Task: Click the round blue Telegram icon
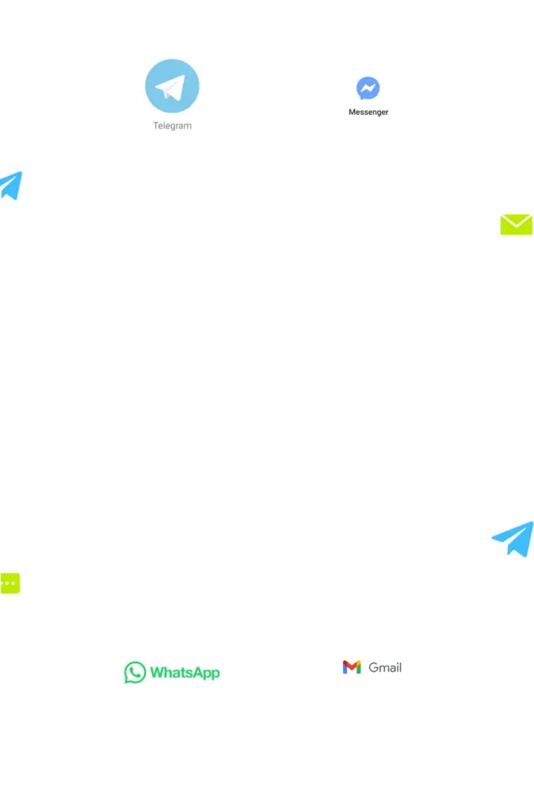coord(172,86)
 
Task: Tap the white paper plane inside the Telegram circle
coord(171,87)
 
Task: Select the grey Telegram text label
coord(172,126)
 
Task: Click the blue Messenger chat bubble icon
coord(368,88)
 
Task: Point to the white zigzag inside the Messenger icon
coord(368,89)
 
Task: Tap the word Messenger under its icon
coord(368,112)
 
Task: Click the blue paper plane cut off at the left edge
coord(11,185)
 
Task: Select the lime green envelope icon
coord(517,224)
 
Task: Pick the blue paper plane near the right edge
coord(513,539)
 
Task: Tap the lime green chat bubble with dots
coord(10,584)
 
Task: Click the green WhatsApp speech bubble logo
coord(135,672)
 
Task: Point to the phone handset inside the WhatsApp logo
coord(135,672)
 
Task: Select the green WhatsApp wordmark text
coord(185,673)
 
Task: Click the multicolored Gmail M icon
coord(352,667)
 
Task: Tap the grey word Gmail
coord(385,668)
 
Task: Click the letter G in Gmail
coord(373,668)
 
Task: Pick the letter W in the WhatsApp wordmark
coord(158,672)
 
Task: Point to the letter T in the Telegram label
coord(156,125)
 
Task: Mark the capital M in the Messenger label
coord(352,112)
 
